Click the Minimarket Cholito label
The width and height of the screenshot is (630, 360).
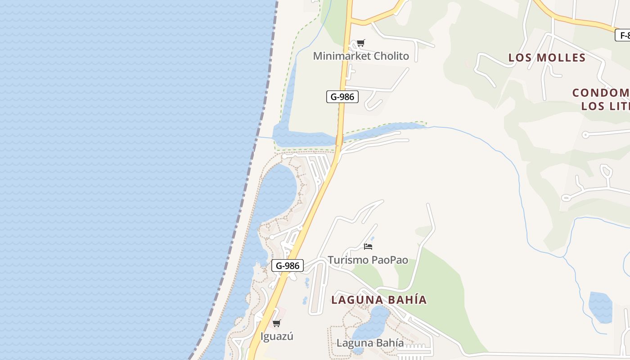click(x=361, y=56)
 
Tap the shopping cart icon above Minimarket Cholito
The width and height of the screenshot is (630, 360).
click(x=360, y=43)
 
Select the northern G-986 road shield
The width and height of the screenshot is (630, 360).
click(x=342, y=96)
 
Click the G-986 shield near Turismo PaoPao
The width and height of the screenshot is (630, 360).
click(x=288, y=265)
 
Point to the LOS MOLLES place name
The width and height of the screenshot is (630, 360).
click(x=547, y=58)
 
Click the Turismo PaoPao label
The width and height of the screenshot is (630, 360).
click(x=368, y=260)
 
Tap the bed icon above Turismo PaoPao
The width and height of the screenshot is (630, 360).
click(x=368, y=246)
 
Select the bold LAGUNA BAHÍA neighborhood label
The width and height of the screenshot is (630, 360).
click(x=379, y=300)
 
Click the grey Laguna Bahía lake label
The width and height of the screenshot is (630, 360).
click(x=370, y=343)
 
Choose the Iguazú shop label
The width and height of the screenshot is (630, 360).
click(x=277, y=336)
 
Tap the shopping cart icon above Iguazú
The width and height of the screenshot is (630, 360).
click(x=277, y=323)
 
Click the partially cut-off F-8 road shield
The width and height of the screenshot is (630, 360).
click(x=623, y=35)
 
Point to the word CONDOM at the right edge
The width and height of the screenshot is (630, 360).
click(x=601, y=93)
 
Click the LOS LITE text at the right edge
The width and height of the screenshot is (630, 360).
click(x=605, y=106)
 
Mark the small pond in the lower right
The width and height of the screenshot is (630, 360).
click(x=601, y=307)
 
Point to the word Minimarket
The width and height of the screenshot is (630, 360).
click(x=341, y=56)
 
